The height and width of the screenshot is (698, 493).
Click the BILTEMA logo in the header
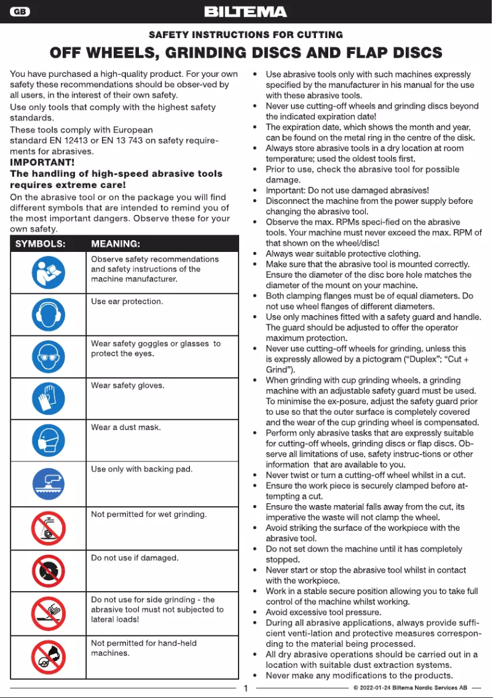pos(245,12)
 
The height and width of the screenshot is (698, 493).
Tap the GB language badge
pos(20,12)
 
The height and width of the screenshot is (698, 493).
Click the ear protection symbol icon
pos(48,315)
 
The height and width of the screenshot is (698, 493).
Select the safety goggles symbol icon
pos(48,357)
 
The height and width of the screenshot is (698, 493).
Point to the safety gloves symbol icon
pos(48,399)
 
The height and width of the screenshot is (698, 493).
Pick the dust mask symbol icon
pos(48,441)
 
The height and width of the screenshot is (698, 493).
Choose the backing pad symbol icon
pos(48,484)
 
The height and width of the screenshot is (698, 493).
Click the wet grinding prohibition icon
pos(48,528)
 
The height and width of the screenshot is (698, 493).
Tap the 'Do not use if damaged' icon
pos(48,571)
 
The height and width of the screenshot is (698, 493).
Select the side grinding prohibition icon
pos(48,613)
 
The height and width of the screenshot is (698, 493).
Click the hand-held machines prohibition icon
pos(48,656)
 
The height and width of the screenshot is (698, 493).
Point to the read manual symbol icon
pos(48,272)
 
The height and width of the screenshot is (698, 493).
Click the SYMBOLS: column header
pos(41,243)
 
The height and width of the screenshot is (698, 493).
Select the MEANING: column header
pos(116,243)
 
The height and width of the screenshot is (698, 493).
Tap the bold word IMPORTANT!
pos(42,163)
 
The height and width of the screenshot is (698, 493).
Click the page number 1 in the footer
pos(245,689)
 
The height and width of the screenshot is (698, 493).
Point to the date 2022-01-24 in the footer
pos(376,688)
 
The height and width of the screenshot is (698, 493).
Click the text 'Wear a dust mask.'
pos(125,427)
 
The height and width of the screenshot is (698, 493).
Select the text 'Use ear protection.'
pos(127,301)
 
